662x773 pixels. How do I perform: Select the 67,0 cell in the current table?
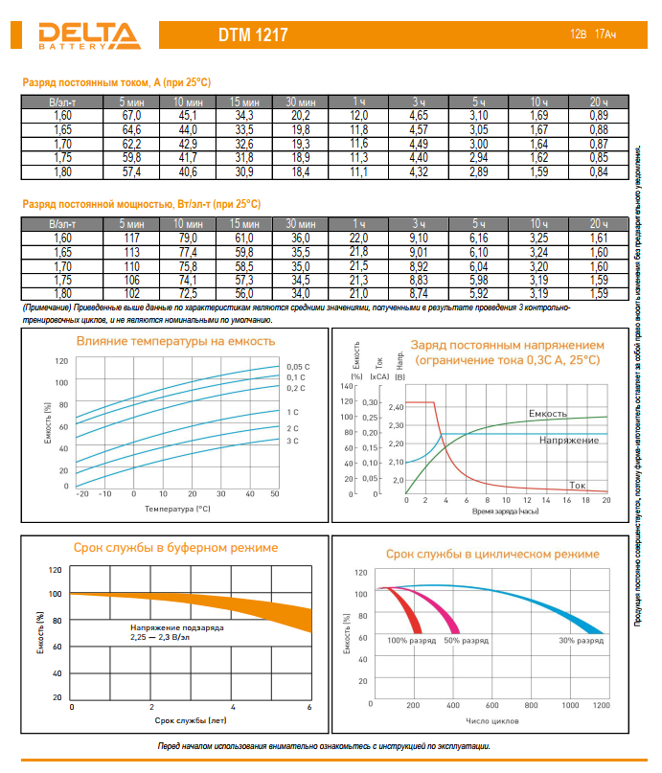click(x=131, y=115)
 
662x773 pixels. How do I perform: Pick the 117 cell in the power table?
click(x=131, y=238)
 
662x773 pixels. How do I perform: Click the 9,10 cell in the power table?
click(x=419, y=238)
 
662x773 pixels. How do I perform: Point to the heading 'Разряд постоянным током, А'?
click(x=116, y=83)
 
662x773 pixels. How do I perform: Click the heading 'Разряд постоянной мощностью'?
click(x=141, y=205)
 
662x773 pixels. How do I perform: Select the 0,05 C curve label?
click(x=298, y=367)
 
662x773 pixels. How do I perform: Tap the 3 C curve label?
click(x=293, y=441)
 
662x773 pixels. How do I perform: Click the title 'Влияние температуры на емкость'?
click(x=175, y=341)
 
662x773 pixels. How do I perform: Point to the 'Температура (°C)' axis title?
click(x=177, y=509)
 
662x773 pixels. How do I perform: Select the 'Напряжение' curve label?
click(x=569, y=440)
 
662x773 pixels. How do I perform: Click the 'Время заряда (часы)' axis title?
click(x=506, y=512)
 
